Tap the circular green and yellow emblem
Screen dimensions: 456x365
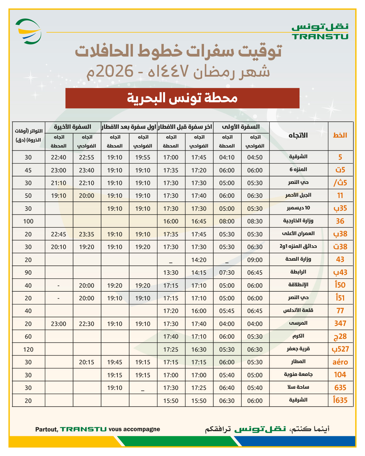tap(28, 31)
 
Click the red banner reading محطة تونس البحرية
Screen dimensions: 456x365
tap(182, 98)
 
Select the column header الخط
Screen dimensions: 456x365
tap(340, 135)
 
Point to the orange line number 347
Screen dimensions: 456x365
tap(340, 323)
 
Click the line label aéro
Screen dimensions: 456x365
tap(340, 362)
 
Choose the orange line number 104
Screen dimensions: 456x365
tap(340, 375)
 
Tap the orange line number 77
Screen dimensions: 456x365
tap(340, 311)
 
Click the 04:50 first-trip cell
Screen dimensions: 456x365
tap(255, 157)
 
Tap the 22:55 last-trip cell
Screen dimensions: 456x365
tap(87, 157)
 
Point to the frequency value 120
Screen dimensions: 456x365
tap(28, 349)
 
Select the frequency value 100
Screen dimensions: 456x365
tap(28, 221)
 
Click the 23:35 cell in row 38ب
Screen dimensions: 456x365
tap(87, 234)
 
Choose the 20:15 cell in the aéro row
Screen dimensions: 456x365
tap(87, 362)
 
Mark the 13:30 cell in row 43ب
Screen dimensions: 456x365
tap(171, 272)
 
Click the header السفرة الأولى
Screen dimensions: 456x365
tap(241, 127)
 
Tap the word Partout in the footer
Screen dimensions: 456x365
tap(46, 429)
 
